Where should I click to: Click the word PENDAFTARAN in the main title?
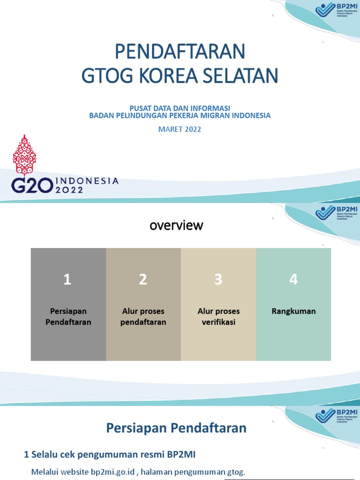(x=180, y=52)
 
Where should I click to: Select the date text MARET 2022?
(x=180, y=129)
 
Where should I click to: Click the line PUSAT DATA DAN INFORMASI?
(x=180, y=108)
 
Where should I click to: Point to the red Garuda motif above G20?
(x=24, y=155)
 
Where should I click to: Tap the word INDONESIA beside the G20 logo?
(x=87, y=180)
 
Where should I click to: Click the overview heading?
(x=176, y=225)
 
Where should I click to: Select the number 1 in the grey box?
(x=67, y=280)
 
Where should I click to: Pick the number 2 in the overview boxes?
(x=143, y=280)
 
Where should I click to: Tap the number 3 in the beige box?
(x=218, y=280)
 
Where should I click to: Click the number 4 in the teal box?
(x=293, y=280)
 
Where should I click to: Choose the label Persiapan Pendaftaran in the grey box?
(x=68, y=317)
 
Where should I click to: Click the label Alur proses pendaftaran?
(x=143, y=317)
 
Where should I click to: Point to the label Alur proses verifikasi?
(x=218, y=317)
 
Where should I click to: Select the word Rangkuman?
(x=293, y=311)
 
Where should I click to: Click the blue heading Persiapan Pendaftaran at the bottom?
(x=176, y=428)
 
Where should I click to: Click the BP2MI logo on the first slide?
(x=337, y=10)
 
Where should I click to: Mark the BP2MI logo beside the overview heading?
(x=337, y=213)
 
